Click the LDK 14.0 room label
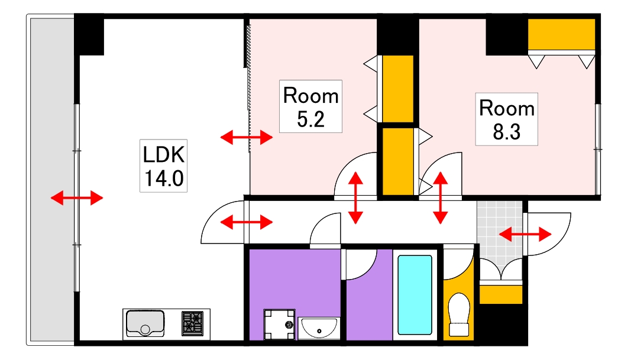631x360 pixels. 163,166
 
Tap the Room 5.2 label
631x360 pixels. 310,106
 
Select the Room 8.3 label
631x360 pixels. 507,119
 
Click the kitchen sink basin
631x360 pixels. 145,323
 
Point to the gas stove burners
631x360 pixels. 192,324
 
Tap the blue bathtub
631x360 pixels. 415,295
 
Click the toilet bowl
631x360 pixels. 459,314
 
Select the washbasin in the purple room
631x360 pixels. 319,328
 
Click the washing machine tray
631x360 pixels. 279,325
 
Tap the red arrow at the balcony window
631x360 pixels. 77,197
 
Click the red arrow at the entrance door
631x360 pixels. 525,233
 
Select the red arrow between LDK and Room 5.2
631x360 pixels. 247,138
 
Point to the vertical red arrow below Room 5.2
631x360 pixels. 355,198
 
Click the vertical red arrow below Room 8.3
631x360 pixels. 440,198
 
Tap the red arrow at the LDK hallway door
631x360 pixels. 247,222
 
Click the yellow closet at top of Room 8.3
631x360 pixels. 561,34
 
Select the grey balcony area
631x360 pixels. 51,180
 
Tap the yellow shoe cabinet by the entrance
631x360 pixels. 501,294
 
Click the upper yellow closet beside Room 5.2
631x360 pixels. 398,89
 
